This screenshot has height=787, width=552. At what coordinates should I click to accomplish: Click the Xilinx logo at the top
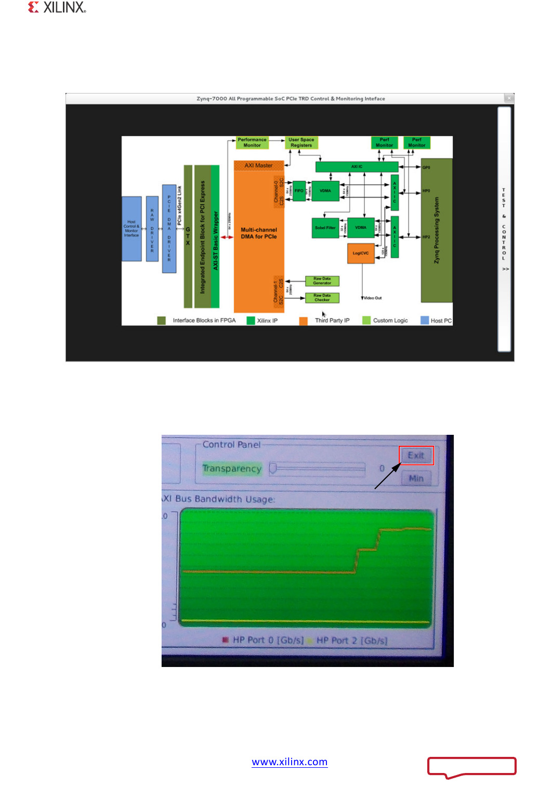pos(57,7)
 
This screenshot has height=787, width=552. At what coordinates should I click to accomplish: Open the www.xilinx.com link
pos(290,762)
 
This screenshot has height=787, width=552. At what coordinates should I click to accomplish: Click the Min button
pos(416,478)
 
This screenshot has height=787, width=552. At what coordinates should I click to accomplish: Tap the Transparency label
pos(232,469)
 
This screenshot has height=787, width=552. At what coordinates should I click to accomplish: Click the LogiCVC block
pos(360,254)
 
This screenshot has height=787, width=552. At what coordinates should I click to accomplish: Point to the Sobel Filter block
pos(325,228)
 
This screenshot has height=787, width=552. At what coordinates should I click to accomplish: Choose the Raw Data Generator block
pos(322,281)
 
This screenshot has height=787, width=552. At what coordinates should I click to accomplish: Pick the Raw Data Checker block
pos(322,298)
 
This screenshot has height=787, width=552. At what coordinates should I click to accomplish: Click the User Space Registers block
pos(301,142)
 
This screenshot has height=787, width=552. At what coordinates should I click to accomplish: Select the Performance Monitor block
pos(252,142)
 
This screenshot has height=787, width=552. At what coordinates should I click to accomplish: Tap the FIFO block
pos(299,191)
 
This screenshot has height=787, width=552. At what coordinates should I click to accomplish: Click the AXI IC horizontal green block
pos(357,167)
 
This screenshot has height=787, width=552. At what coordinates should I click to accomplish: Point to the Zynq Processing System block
pos(436,230)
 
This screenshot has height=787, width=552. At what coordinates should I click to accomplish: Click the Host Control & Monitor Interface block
pos(132,229)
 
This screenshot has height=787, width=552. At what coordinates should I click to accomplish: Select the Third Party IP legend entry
pos(332,321)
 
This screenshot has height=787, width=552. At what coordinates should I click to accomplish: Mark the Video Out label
pos(373,298)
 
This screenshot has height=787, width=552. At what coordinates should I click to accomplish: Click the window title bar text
pos(291,99)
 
